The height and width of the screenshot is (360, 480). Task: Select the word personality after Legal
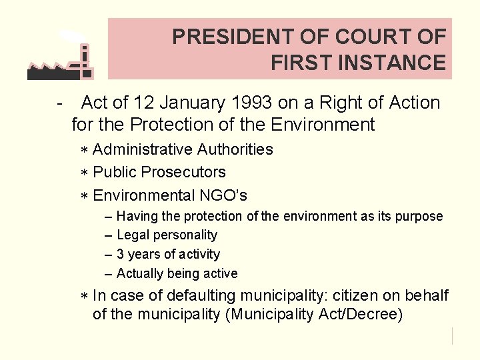click(185, 235)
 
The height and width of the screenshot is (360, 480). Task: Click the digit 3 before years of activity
click(120, 254)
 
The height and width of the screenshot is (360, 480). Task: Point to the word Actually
click(138, 273)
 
